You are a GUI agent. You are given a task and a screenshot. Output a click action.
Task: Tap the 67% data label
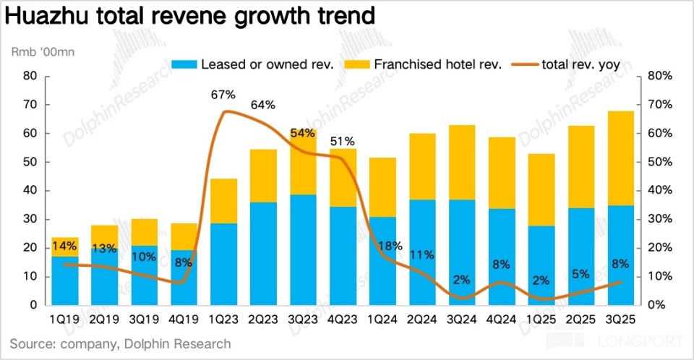(223, 95)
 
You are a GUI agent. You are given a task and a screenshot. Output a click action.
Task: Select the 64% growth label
(263, 105)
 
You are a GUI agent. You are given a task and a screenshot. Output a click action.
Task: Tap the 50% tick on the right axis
(659, 162)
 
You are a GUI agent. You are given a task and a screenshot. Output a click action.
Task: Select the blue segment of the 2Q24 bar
(422, 252)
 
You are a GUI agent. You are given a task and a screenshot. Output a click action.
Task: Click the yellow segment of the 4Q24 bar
(502, 173)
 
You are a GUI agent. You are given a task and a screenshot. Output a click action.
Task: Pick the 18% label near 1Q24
(382, 247)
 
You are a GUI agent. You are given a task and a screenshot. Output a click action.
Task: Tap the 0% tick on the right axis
(656, 305)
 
